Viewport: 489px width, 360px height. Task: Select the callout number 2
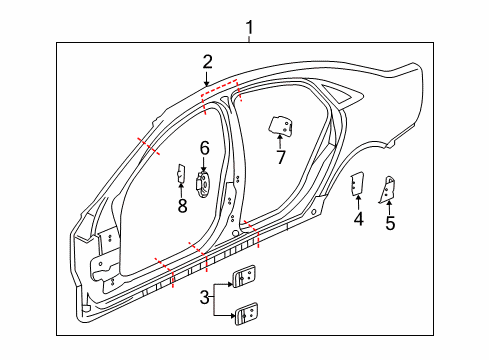pos(207,62)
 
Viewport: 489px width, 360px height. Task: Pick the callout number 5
pos(390,223)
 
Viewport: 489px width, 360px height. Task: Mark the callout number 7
pos(281,157)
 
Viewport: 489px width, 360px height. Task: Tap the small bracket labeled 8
pos(182,175)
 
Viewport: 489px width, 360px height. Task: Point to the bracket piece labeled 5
pos(389,188)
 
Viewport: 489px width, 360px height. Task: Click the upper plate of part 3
pos(243,280)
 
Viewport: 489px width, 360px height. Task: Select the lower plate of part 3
pos(245,313)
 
